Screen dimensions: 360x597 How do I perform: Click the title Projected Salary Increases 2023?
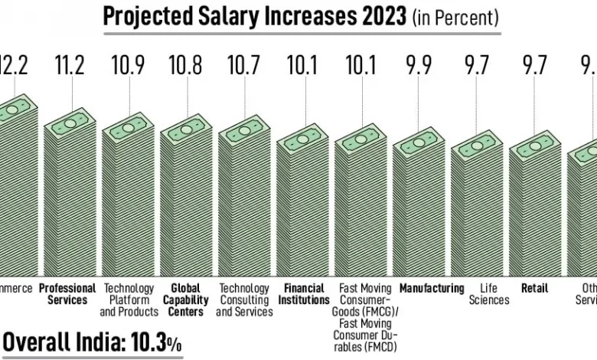point(256,16)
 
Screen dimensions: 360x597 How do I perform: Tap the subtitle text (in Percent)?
point(455,18)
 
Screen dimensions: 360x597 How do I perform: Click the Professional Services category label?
point(67,294)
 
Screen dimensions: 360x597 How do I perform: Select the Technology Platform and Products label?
point(129,300)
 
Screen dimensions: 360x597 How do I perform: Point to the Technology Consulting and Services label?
point(244,300)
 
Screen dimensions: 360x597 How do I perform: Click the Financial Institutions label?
point(303,294)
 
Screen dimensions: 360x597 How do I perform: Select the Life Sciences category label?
point(476,294)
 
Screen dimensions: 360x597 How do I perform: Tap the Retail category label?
point(534,289)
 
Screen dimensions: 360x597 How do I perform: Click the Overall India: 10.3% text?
point(92,342)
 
